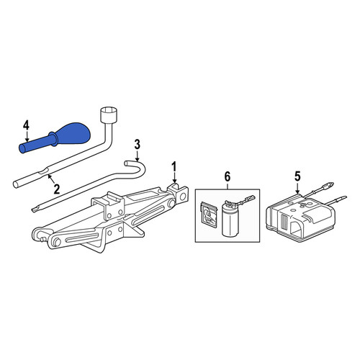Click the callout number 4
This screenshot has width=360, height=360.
pos(26,125)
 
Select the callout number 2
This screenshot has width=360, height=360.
pos(57,189)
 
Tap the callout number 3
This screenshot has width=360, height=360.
pos(137,145)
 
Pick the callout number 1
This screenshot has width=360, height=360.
pos(174,166)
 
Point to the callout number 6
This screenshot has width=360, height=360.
pos(227,176)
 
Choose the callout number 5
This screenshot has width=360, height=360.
pos(297,177)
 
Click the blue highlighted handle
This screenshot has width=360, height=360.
pos(55,138)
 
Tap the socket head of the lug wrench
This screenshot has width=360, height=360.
pos(109,114)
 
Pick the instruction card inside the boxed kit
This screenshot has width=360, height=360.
pos(209,215)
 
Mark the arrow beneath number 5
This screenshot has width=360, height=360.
pos(297,188)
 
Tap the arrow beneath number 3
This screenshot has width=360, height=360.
pos(137,156)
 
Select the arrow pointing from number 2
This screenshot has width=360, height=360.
pos(51,179)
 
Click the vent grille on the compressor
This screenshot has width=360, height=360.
pos(284,221)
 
